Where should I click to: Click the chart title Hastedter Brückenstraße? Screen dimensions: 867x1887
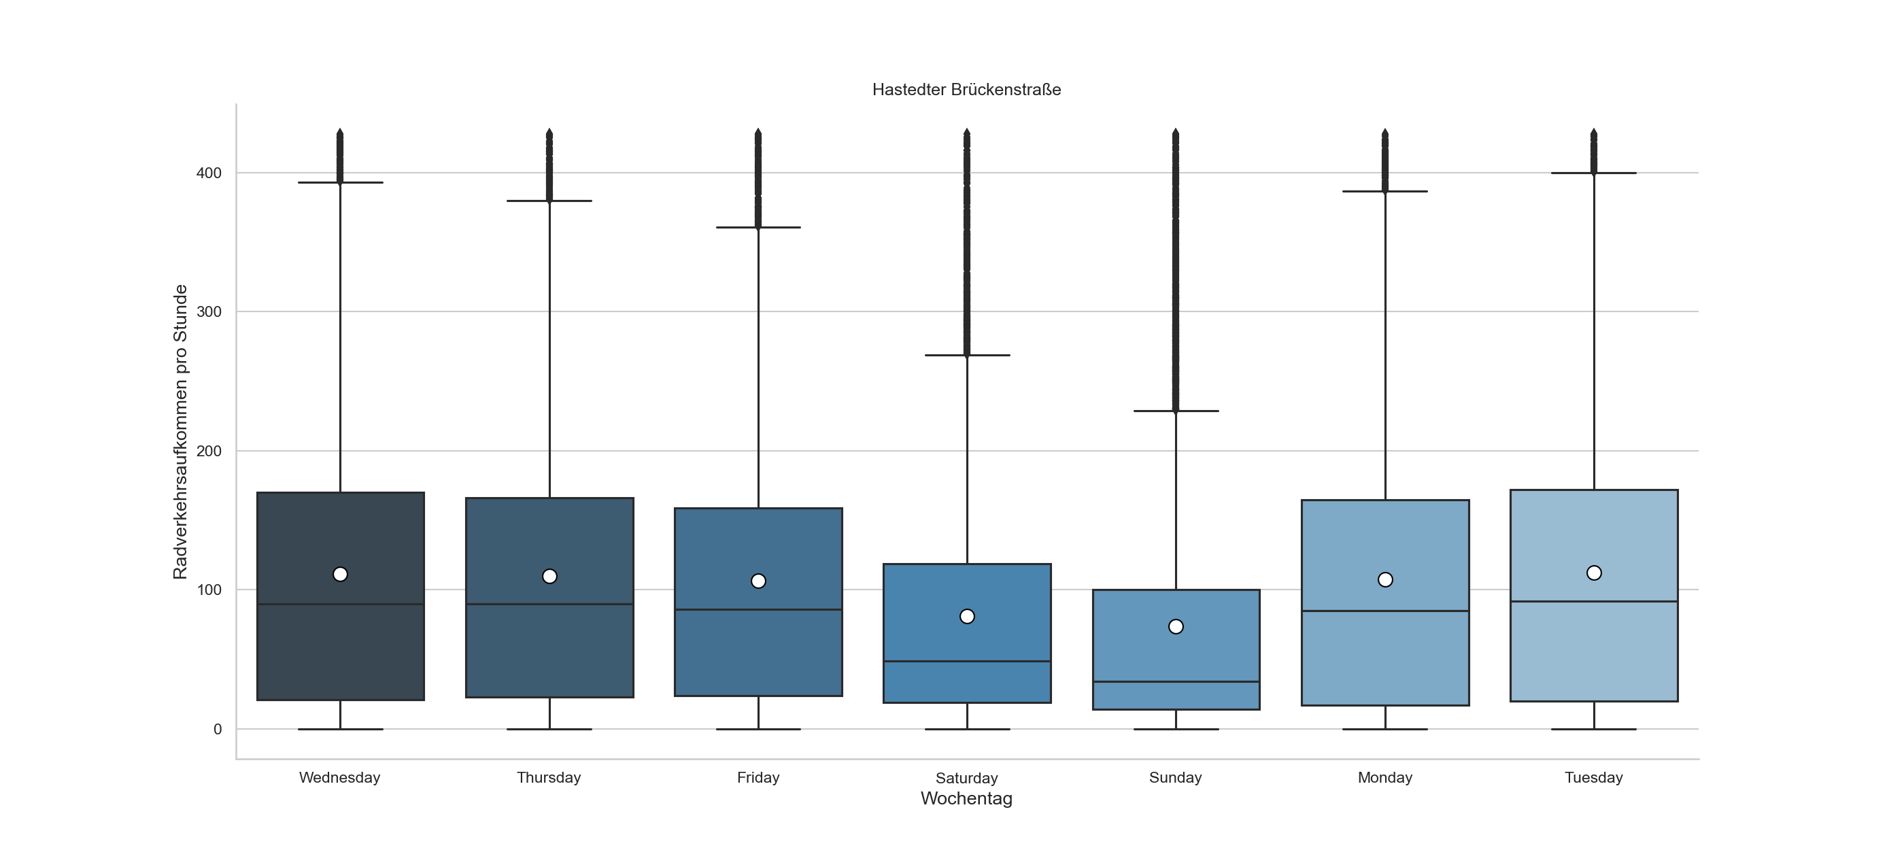coord(966,90)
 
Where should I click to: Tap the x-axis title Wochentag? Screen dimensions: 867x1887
coord(966,799)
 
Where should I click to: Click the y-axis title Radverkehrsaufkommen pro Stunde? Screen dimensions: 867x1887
coord(180,432)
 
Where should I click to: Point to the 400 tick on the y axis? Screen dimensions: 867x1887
coord(209,173)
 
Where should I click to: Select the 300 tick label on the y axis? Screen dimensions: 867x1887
coord(209,312)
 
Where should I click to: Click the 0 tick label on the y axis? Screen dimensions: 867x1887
coord(218,730)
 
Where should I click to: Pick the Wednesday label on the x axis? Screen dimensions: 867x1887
coord(340,778)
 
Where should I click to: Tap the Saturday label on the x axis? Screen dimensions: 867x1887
coord(966,778)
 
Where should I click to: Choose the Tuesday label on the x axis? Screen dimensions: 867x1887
coord(1593,778)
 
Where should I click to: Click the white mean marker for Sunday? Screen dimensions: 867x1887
coord(1176,627)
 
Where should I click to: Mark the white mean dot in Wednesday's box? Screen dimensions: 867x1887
coord(340,574)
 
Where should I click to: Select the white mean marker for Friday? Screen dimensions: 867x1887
coord(758,581)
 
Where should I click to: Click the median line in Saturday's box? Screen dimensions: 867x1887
coord(967,661)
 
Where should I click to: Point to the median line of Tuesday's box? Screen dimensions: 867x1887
coord(1594,602)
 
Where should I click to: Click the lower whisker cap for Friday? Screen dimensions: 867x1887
coord(758,730)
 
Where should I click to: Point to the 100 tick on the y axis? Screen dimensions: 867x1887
coord(209,590)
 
